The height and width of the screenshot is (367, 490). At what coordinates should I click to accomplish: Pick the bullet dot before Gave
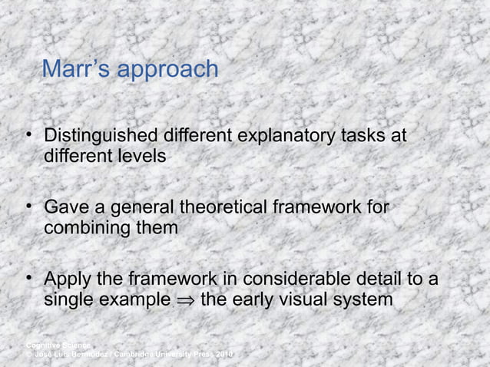28,208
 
